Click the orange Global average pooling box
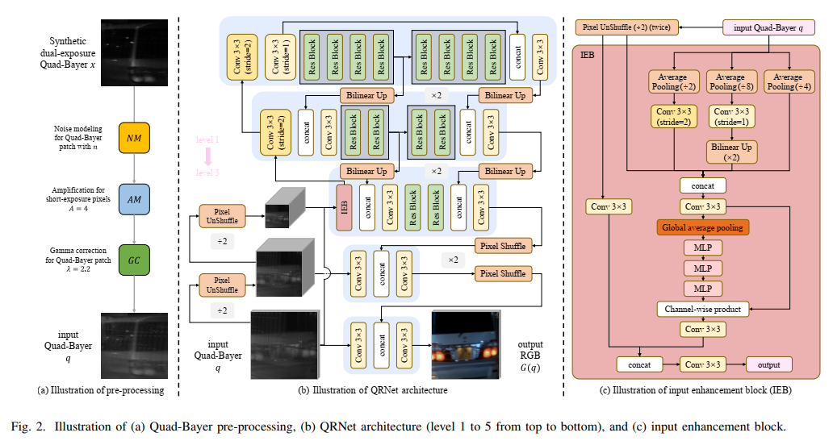click(702, 227)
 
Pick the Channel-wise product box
click(702, 308)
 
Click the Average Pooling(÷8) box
click(730, 81)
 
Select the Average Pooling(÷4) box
click(788, 81)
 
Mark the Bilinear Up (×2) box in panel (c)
click(730, 152)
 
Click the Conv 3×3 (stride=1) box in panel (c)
click(730, 118)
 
